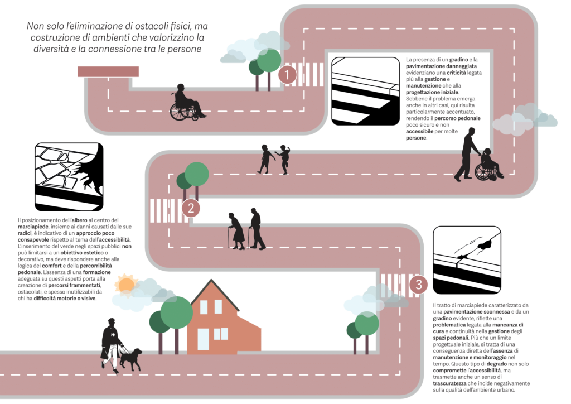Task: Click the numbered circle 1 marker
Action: [287, 75]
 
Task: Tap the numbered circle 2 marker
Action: [191, 208]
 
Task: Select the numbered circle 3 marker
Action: [418, 284]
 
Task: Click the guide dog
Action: [130, 359]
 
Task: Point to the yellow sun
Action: [127, 285]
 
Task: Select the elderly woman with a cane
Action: [236, 231]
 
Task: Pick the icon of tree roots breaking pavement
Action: [69, 177]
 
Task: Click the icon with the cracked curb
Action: [467, 260]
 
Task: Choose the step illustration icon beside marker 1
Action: [366, 91]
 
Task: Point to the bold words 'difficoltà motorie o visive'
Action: [65, 299]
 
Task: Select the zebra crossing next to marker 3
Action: [396, 286]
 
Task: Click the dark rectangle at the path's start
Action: [108, 71]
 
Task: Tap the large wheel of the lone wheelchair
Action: [179, 112]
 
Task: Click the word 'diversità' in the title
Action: [51, 49]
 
